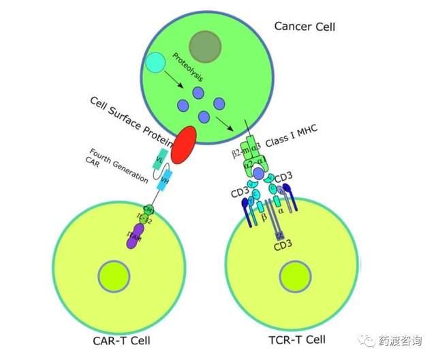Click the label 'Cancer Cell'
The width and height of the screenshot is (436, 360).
coord(305,27)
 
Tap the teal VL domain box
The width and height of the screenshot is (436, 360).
coord(161,157)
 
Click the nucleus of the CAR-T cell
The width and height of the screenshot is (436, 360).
coord(114,276)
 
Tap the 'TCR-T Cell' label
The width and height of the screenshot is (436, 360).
coord(298,339)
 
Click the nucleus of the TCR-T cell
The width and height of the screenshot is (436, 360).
coord(283,276)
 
